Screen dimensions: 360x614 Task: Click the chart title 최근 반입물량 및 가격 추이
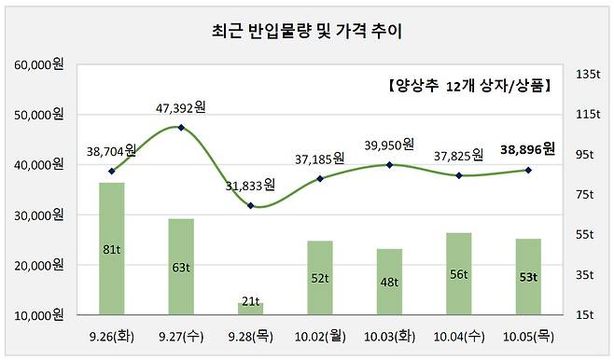coord(307,31)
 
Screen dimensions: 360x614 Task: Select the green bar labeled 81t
coord(112,248)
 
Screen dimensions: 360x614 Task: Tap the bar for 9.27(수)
coord(181,266)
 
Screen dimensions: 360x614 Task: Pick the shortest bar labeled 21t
coord(251,308)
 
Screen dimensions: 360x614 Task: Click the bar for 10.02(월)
coord(320,277)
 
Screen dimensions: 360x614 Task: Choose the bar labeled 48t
coord(389,281)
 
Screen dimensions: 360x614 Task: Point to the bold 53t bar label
coord(527,276)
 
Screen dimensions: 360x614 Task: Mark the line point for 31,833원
coord(251,204)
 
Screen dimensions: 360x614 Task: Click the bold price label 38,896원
coord(527,148)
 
